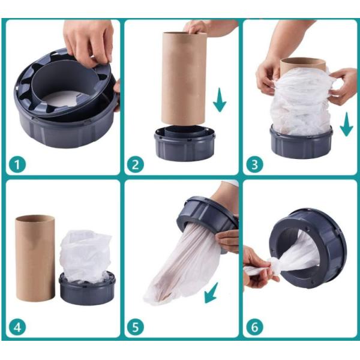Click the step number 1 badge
tap(17, 164)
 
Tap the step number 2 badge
tap(136, 164)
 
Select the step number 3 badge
tap(255, 164)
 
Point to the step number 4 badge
tap(17, 327)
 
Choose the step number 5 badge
tap(136, 327)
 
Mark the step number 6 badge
tap(255, 327)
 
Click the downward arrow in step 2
tap(220, 100)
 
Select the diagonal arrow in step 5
tap(211, 293)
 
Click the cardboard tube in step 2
tap(184, 79)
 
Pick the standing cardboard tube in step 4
tap(35, 259)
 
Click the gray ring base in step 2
tap(185, 144)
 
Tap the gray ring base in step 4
tap(86, 289)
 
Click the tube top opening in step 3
tap(303, 61)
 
